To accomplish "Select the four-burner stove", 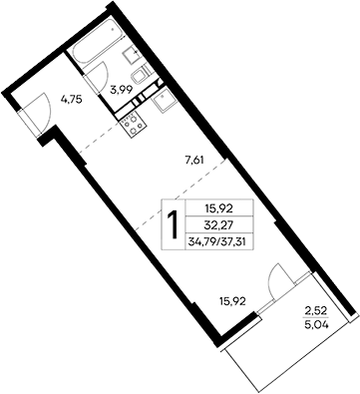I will point(131,123).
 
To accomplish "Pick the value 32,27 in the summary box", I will point(218,224).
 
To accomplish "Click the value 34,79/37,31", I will point(218,243).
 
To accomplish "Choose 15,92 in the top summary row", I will point(218,207).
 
